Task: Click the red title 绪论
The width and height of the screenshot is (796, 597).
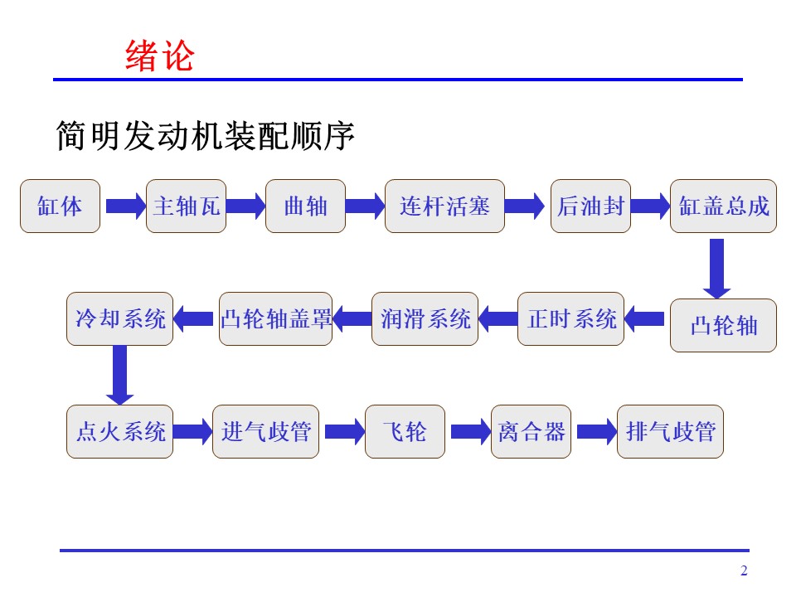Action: coord(159,56)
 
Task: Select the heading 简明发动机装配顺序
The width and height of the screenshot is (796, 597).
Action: coord(205,135)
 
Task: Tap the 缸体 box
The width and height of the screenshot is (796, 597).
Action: coord(60,206)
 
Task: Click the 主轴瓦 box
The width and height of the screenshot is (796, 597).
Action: coord(186,206)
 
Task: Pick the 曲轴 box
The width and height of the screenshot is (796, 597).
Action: coord(306,206)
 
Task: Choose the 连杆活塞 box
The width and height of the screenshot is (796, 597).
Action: coord(444,206)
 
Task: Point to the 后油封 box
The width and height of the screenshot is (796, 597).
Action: coord(590,206)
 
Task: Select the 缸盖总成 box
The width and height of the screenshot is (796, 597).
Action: coord(723,206)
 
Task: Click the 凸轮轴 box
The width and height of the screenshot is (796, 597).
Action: coord(723,325)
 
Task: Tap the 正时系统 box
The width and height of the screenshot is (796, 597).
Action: coord(570,318)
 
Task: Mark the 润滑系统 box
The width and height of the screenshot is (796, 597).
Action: coord(425,318)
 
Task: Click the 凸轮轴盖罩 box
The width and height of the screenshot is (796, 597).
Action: coord(275,318)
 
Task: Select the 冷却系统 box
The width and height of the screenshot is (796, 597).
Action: coord(119,318)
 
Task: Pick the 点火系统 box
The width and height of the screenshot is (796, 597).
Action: coord(119,431)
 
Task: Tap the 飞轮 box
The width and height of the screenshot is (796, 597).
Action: coord(405,431)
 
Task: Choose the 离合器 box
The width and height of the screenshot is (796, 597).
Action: coord(531,431)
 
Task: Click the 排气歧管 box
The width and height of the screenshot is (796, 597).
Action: coord(670,431)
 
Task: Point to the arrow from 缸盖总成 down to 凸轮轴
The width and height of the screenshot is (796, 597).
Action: coord(716,269)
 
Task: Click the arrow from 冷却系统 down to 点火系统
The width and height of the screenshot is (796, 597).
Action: coord(119,375)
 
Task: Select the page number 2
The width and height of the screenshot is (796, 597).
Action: coord(744,570)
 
